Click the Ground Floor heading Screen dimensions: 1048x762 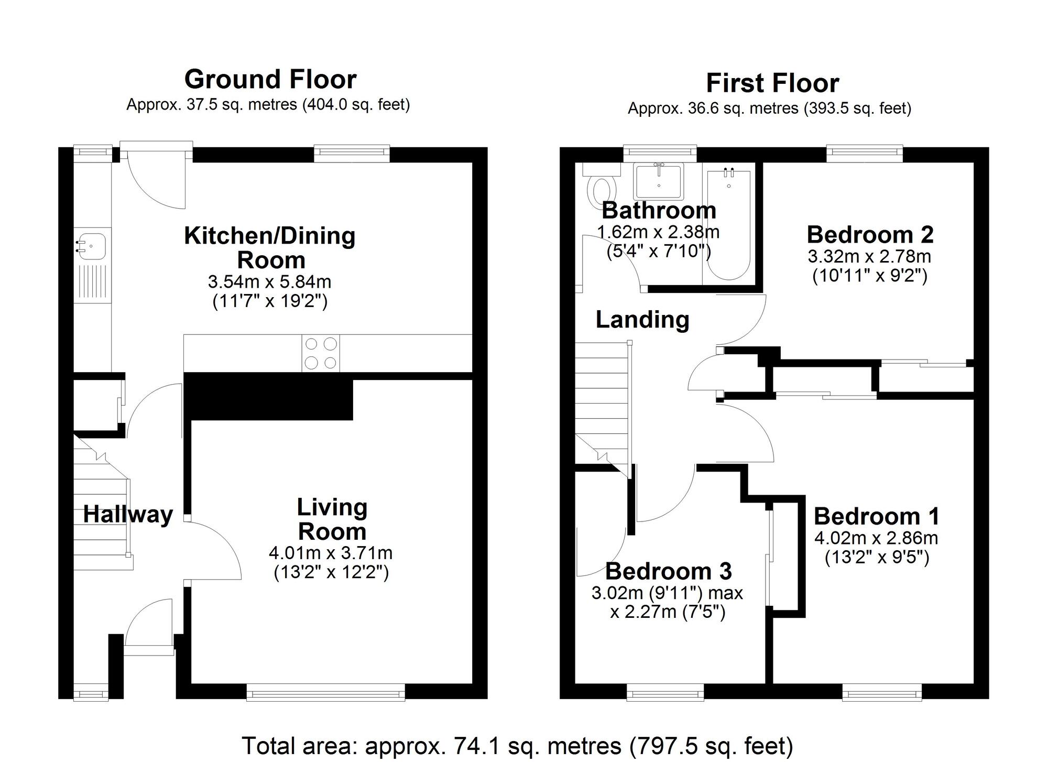click(x=270, y=80)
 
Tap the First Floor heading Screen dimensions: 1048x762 click(x=772, y=83)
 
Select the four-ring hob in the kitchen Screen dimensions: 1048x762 click(x=321, y=353)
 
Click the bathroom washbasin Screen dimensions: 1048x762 click(x=658, y=181)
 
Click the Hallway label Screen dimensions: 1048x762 click(x=128, y=515)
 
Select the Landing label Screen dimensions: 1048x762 click(x=642, y=320)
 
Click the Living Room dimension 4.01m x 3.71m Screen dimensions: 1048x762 click(x=331, y=553)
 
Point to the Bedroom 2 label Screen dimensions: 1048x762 click(x=870, y=234)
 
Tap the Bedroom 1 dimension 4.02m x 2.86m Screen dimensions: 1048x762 click(x=876, y=538)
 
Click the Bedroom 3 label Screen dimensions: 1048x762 click(x=669, y=571)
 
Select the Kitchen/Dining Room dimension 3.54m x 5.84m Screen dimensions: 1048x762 click(x=270, y=282)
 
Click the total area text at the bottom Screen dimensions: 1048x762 click(x=517, y=746)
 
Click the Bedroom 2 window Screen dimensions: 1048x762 click(x=865, y=152)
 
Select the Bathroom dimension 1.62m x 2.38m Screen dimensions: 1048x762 click(x=658, y=232)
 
